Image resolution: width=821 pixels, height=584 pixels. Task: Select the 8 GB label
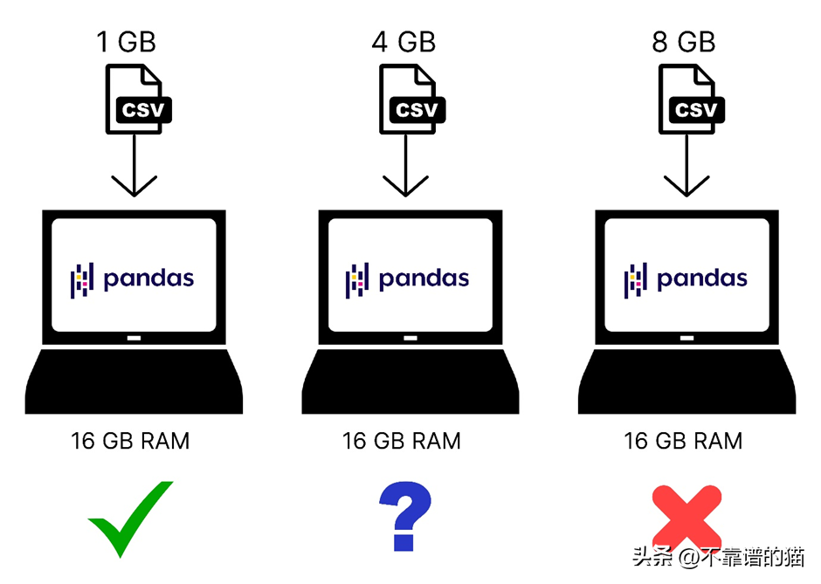click(683, 41)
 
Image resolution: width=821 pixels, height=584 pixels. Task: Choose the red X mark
click(686, 518)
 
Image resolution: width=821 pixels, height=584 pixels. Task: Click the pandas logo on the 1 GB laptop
click(132, 279)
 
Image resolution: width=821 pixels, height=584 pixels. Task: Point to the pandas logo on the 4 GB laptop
click(408, 279)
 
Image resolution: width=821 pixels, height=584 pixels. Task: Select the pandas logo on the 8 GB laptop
click(686, 279)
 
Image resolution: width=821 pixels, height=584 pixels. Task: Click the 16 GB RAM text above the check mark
click(130, 441)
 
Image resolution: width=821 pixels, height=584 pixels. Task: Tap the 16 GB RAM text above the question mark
click(402, 441)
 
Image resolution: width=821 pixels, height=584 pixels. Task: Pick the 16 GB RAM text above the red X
click(683, 441)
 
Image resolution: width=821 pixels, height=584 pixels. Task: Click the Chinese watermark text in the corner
click(718, 556)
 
